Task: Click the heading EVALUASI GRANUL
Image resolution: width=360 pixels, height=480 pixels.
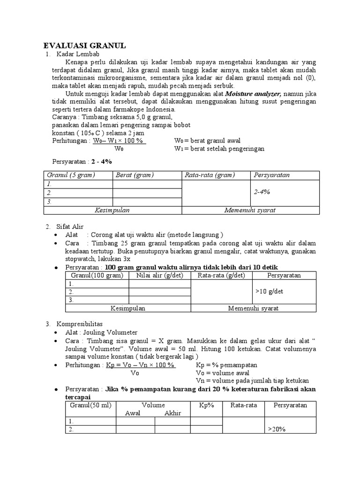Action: [84, 45]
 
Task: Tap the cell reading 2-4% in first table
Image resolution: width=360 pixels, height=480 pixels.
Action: [262, 192]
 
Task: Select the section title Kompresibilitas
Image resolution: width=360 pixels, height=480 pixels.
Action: [82, 323]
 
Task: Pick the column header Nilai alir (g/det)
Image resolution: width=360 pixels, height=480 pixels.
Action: [159, 275]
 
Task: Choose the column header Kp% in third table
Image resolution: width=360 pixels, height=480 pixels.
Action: [206, 405]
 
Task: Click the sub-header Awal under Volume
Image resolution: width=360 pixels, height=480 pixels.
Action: [133, 413]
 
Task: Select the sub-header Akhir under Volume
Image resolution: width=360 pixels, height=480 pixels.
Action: [172, 413]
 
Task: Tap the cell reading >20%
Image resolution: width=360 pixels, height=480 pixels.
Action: [277, 429]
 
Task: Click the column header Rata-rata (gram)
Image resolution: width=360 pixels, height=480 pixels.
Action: [210, 175]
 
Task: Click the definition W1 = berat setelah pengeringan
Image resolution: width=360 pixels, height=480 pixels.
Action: [219, 149]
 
